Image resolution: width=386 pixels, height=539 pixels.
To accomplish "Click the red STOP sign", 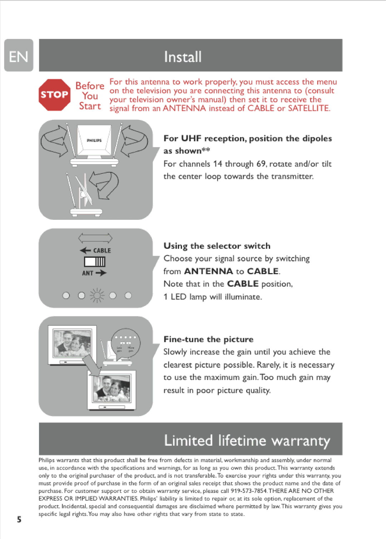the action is coord(55,95).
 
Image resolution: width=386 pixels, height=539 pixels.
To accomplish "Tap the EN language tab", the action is coord(19,55).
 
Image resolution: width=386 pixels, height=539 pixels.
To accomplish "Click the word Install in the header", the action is coord(183,57).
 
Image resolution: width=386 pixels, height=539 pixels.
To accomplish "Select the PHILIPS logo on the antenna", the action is coord(94,140).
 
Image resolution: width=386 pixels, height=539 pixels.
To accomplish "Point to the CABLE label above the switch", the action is coord(102,251).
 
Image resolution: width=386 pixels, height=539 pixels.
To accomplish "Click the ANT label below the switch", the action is coord(88,273).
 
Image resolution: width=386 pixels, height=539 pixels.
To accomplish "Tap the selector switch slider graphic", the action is coord(95,262).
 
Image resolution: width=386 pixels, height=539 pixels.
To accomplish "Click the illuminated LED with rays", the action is coord(97,295).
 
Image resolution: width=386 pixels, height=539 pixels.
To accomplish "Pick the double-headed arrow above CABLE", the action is coord(95,238).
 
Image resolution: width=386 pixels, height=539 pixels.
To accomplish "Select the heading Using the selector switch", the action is coord(217,246).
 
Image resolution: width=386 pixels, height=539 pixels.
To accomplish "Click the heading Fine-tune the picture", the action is coord(208,339).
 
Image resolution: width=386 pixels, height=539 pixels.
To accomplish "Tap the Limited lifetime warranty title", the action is coord(247,441).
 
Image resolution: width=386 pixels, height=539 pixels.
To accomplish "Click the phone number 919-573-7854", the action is coord(249,491).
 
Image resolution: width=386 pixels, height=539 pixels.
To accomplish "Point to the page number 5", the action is coord(19,519).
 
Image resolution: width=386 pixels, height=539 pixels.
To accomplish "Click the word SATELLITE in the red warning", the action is coord(309,108).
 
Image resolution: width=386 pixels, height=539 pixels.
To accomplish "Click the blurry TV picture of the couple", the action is coord(72,343).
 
